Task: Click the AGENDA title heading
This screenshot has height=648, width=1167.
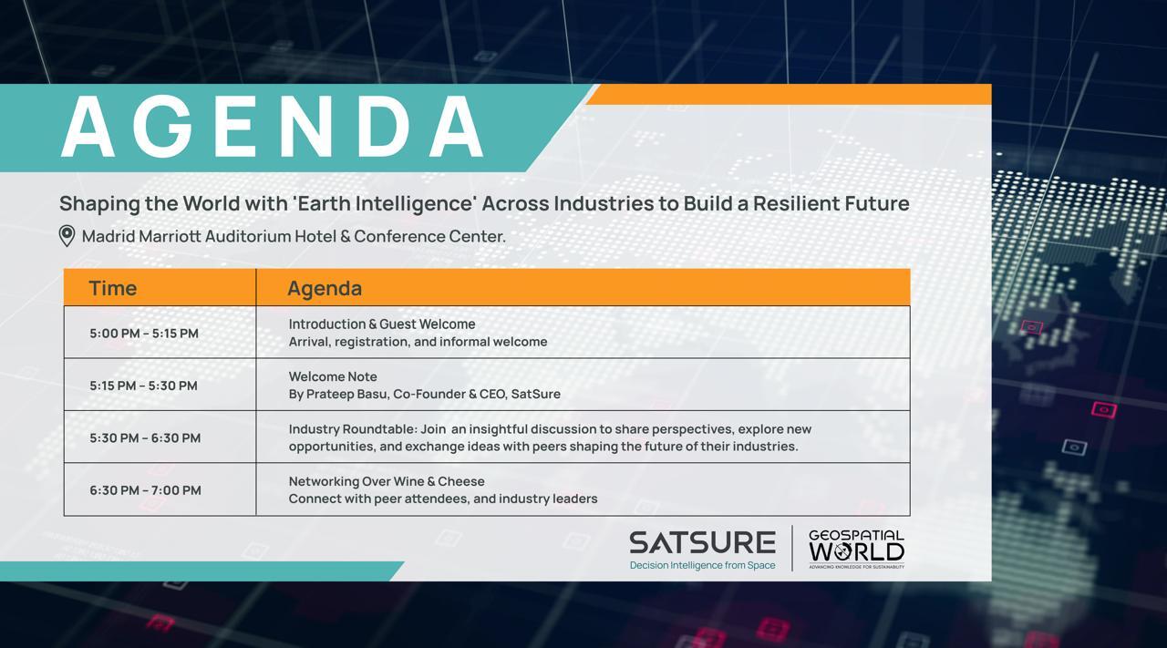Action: pyautogui.click(x=273, y=127)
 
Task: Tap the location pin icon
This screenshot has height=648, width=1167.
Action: pyautogui.click(x=67, y=235)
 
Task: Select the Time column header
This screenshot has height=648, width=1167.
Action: pyautogui.click(x=113, y=288)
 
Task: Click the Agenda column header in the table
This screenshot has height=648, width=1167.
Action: pyautogui.click(x=325, y=288)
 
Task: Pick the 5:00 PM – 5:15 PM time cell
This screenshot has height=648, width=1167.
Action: pyautogui.click(x=144, y=334)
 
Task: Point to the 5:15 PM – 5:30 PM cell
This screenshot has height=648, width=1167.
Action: pyautogui.click(x=144, y=386)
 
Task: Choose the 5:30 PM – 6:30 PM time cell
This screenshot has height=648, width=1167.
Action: pyautogui.click(x=145, y=438)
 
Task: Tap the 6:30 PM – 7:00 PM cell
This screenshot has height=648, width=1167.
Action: pyautogui.click(x=145, y=490)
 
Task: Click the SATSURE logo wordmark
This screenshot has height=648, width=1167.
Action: pyautogui.click(x=702, y=542)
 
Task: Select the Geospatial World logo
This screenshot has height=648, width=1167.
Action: pyautogui.click(x=856, y=549)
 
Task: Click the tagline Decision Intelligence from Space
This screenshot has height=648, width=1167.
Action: pyautogui.click(x=702, y=565)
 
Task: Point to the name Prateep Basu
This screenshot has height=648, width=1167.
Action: pyautogui.click(x=347, y=395)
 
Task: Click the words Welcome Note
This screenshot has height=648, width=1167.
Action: pyautogui.click(x=333, y=376)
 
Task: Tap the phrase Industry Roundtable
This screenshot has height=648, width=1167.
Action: pyautogui.click(x=353, y=429)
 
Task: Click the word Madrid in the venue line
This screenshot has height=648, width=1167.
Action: pyautogui.click(x=108, y=236)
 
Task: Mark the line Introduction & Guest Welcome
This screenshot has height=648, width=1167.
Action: pyautogui.click(x=382, y=324)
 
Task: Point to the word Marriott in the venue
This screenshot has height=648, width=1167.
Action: pyautogui.click(x=170, y=236)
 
